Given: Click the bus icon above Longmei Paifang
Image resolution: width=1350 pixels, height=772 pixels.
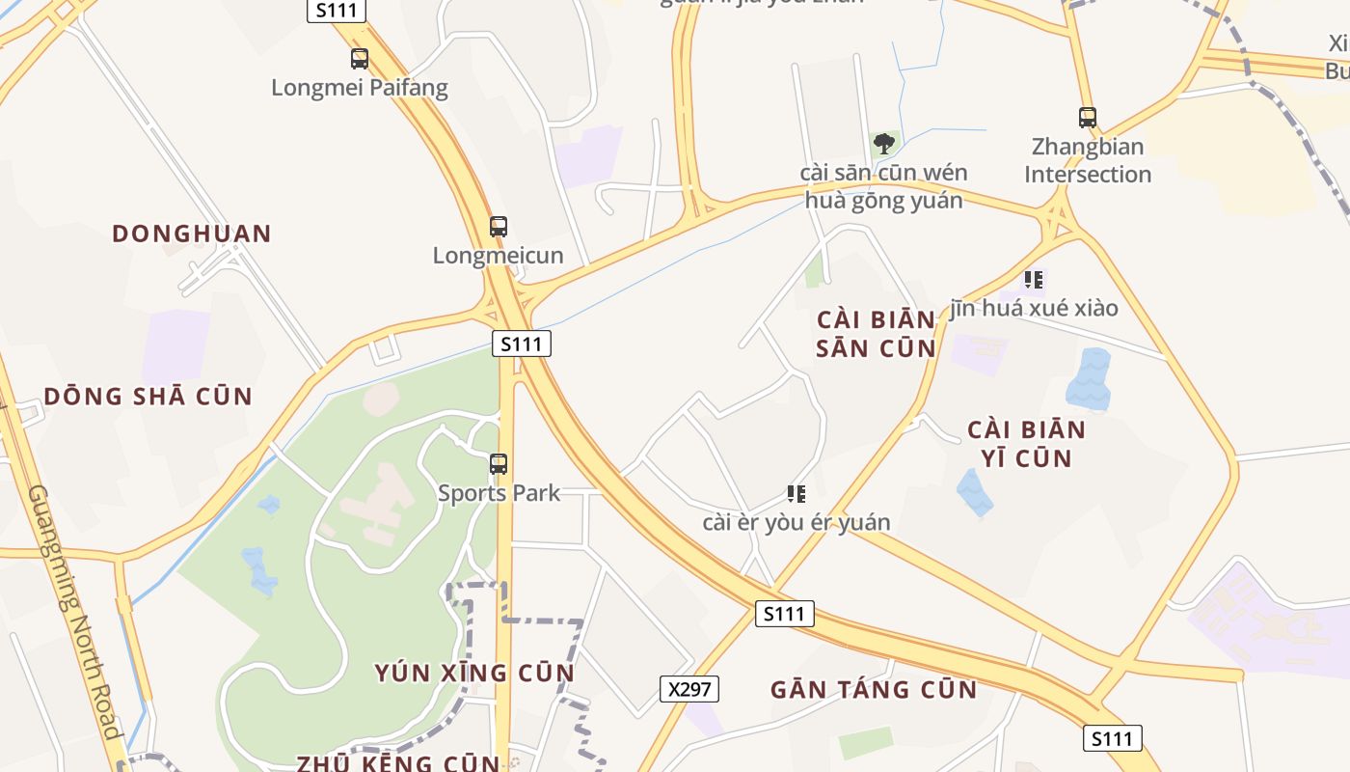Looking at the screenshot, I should pyautogui.click(x=360, y=59).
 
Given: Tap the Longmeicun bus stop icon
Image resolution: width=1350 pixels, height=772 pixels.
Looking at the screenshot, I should pyautogui.click(x=498, y=227).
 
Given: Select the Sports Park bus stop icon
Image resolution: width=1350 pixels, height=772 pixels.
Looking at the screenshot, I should pyautogui.click(x=499, y=464).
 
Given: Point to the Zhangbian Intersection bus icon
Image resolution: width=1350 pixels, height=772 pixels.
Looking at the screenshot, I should pyautogui.click(x=1088, y=118).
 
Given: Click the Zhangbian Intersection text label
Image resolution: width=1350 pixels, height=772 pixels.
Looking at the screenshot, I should pyautogui.click(x=1088, y=161).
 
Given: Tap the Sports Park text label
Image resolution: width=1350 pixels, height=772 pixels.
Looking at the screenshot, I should pyautogui.click(x=499, y=493).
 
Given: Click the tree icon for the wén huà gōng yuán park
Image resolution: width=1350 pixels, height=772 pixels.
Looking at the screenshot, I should pyautogui.click(x=883, y=145).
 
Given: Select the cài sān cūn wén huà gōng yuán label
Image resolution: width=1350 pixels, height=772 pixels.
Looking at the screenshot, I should pyautogui.click(x=884, y=187).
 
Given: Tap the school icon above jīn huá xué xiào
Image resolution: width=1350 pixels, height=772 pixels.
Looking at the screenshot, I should pyautogui.click(x=1034, y=280).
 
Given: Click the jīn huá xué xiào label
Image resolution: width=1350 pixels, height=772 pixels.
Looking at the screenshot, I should pyautogui.click(x=1034, y=308).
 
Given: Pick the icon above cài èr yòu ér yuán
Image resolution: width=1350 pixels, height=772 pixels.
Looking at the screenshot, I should pyautogui.click(x=796, y=494).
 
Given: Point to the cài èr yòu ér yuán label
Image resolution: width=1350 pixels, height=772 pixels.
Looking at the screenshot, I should pyautogui.click(x=796, y=523).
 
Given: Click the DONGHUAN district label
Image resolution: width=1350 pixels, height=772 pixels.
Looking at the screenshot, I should pyautogui.click(x=192, y=234).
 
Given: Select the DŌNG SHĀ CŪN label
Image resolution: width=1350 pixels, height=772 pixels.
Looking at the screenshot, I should pyautogui.click(x=148, y=397).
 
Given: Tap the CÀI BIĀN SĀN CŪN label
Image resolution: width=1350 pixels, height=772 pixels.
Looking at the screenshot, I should pyautogui.click(x=876, y=334).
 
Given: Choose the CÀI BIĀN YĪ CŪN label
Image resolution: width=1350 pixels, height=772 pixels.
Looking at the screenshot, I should pyautogui.click(x=1026, y=444).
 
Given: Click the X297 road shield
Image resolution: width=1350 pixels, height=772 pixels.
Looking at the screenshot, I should pyautogui.click(x=689, y=689).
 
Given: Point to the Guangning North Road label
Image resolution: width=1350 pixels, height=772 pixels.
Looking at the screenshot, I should pyautogui.click(x=76, y=612).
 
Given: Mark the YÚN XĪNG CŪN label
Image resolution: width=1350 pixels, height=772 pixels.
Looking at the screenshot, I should pyautogui.click(x=474, y=673).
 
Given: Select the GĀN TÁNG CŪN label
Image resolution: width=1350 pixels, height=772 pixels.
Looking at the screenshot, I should pyautogui.click(x=874, y=690).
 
